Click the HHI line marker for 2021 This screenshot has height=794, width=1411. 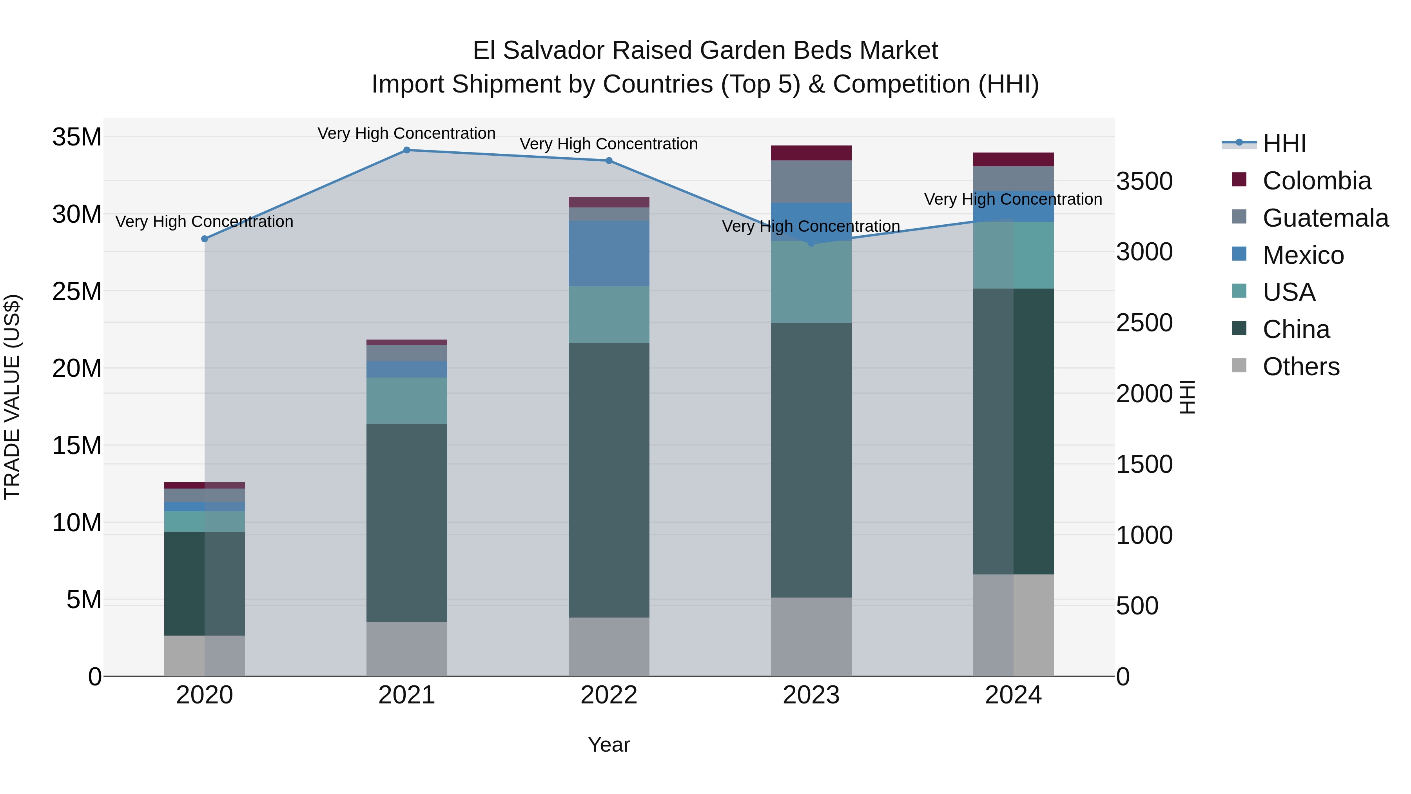[x=406, y=150]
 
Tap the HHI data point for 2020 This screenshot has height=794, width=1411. [x=204, y=239]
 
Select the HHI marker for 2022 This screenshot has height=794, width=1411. [x=609, y=160]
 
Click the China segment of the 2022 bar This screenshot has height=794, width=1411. [x=609, y=480]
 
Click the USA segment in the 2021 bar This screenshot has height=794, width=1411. [x=406, y=401]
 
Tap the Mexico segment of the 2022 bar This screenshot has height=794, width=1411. [x=609, y=253]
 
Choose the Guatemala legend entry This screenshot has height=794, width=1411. [x=1325, y=218]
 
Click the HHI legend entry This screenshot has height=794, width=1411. [x=1284, y=144]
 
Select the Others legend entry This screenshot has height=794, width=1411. [x=1301, y=367]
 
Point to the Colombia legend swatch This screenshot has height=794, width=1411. [x=1239, y=180]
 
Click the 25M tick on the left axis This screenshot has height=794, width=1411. [x=77, y=291]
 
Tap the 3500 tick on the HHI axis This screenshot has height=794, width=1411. [x=1144, y=182]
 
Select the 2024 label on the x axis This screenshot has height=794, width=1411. [x=1013, y=695]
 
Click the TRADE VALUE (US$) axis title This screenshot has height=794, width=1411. [x=12, y=397]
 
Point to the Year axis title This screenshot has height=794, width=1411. [x=609, y=745]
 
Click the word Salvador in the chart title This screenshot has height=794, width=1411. [x=554, y=51]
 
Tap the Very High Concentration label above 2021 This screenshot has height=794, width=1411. [x=406, y=133]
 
